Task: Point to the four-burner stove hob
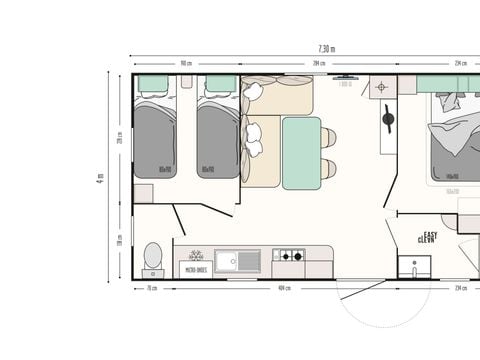[290, 257]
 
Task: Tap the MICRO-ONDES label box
[194, 268]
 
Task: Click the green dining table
[300, 152]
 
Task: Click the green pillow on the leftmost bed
[155, 83]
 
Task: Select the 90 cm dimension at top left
[186, 63]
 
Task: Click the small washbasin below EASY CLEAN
[414, 267]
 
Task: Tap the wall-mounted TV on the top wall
[347, 77]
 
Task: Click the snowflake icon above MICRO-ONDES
[195, 254]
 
